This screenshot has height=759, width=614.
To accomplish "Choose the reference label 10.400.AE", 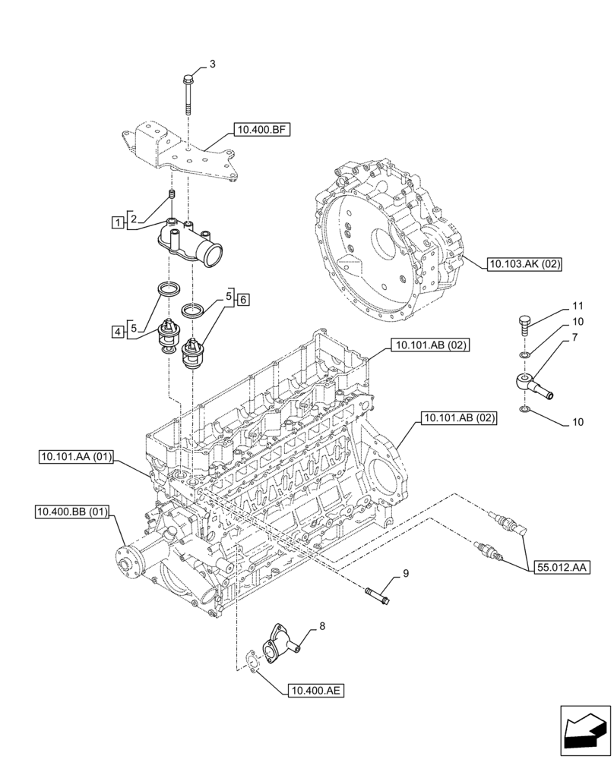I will click(315, 690).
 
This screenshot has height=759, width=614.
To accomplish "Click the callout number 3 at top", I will click(212, 64).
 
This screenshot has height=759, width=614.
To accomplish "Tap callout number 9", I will click(406, 573).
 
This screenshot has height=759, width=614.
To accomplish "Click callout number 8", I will click(321, 626).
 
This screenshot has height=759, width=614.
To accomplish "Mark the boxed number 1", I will click(116, 222).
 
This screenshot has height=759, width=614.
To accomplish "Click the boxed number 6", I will click(242, 300).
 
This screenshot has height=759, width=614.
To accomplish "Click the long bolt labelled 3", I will click(187, 94).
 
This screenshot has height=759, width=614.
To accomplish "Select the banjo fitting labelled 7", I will click(533, 383).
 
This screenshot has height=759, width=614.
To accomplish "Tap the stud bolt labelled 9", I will click(377, 593).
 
